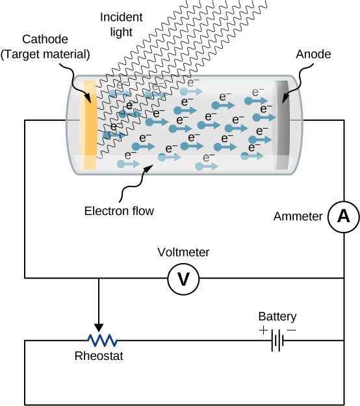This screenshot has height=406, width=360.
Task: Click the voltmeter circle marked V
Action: (183, 279)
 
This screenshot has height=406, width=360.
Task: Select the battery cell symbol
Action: (277, 340)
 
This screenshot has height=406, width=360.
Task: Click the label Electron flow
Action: (119, 210)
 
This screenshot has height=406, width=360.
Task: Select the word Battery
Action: (277, 316)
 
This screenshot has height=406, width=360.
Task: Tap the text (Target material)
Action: (45, 53)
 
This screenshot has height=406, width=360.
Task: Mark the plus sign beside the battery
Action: (262, 330)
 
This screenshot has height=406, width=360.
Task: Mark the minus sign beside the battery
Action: (292, 330)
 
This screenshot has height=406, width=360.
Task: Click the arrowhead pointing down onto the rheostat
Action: (99, 327)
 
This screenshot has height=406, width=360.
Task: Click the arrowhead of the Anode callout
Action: (284, 100)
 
